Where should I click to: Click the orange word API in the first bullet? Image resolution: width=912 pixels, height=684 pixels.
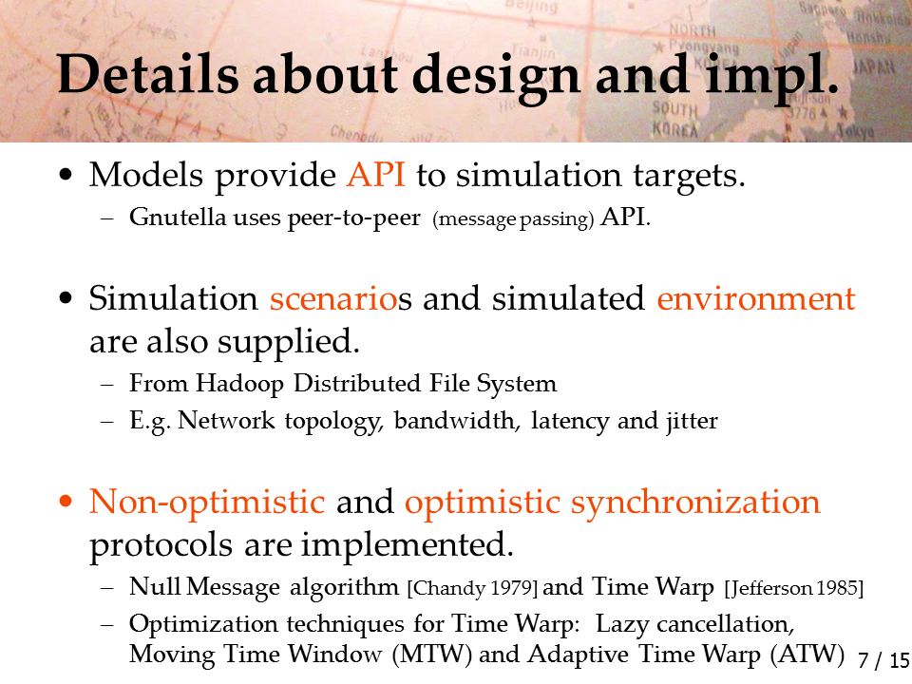point(376,175)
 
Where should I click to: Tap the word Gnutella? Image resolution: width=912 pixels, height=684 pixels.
point(178,217)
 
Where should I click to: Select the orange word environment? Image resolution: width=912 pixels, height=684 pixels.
point(756,298)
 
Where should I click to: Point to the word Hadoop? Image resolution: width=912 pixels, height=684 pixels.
point(239,384)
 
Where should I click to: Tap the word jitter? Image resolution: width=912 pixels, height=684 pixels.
point(693,421)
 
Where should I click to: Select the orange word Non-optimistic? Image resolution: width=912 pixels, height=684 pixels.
point(207,502)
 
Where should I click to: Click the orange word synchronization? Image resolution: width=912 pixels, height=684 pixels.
point(695,502)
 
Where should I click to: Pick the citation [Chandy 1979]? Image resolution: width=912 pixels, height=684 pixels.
point(473,588)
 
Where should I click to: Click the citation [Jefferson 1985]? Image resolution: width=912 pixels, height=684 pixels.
point(794,588)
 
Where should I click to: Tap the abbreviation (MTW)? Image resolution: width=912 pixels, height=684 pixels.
point(432,655)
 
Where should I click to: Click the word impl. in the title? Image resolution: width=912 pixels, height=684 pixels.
point(772,78)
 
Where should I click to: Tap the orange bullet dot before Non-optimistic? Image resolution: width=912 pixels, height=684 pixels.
point(66,502)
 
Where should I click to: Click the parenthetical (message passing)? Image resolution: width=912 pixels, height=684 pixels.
point(514,218)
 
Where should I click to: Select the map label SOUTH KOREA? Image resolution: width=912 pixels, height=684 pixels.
point(674,119)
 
